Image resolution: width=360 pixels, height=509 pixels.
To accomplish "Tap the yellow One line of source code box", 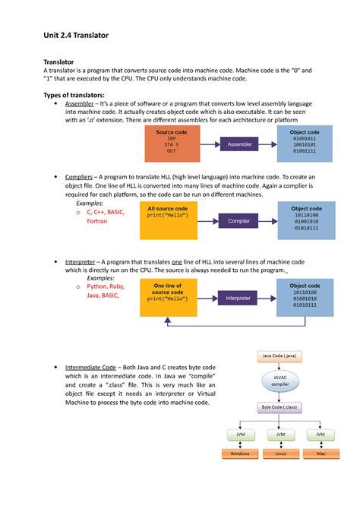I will [x=167, y=298].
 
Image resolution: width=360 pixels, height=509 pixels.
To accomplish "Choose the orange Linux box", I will [x=280, y=454].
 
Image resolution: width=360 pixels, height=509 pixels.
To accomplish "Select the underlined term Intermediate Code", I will [x=99, y=366].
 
